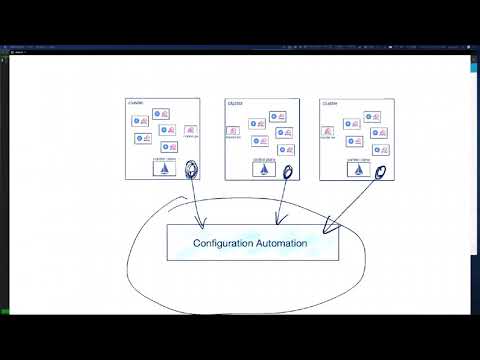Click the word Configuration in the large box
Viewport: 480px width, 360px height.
tap(226, 243)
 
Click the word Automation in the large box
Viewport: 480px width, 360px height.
tap(282, 243)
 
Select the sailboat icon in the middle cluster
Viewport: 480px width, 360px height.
tap(263, 169)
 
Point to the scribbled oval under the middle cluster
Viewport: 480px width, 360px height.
tap(287, 172)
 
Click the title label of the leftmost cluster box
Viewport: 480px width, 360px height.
tap(136, 103)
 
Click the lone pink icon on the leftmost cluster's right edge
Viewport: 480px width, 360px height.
tap(191, 130)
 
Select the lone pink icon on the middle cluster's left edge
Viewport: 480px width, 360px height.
tap(233, 130)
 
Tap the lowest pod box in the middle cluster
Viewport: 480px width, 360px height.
tap(285, 150)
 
